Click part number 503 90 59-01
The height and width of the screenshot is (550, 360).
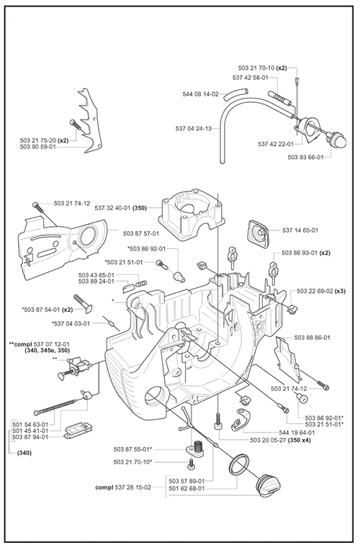pos(38,147)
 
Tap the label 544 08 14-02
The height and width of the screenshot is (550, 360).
pos(200,94)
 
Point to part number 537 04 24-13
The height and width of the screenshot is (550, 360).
pos(194,128)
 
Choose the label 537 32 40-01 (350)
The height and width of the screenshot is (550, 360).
pos(121,207)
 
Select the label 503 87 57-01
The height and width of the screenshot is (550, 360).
pos(141,233)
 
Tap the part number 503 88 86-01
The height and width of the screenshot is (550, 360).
pos(312,338)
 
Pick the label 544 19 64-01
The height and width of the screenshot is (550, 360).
pos(297,433)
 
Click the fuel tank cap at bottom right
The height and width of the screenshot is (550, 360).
pos(269,484)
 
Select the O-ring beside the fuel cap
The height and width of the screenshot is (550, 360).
pos(238,464)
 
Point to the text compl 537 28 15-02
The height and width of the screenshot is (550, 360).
pos(123,487)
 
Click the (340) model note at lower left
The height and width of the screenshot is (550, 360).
pos(24,453)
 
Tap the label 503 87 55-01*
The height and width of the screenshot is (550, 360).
pos(132,449)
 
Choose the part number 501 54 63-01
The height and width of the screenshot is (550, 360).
pos(30,425)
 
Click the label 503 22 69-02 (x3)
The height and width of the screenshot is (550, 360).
pos(321,291)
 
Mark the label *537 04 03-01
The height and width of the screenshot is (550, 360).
pos(71,323)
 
